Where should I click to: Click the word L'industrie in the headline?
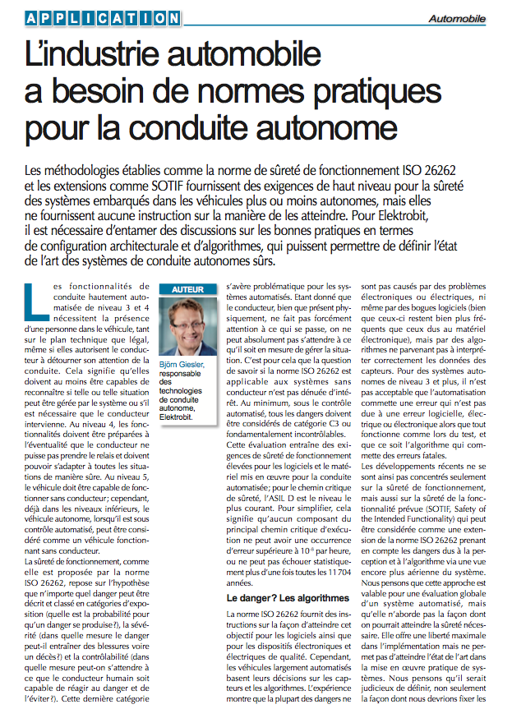pos(90,54)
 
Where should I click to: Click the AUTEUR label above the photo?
pos(187,290)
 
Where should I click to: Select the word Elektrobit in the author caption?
pos(182,417)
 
